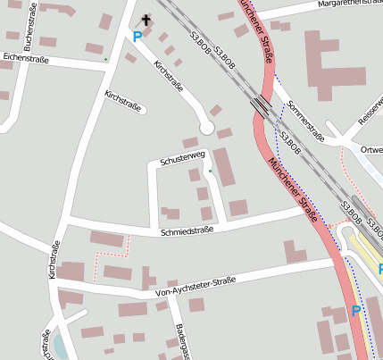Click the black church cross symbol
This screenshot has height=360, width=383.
(x=146, y=20)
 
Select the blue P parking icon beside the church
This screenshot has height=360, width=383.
(x=137, y=37)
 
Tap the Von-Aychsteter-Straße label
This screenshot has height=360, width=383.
(x=195, y=286)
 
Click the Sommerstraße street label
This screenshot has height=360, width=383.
(x=305, y=121)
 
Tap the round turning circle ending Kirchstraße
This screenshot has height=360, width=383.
(x=206, y=128)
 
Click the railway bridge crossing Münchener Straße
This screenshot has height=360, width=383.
(x=262, y=105)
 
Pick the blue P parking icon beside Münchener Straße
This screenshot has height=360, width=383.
(x=355, y=311)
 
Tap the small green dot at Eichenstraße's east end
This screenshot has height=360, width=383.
(x=106, y=60)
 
